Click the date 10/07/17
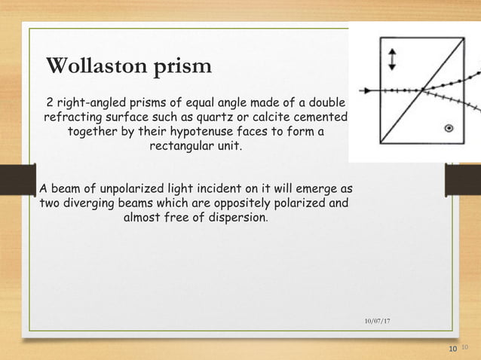[378, 322]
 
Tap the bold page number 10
[452, 349]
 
